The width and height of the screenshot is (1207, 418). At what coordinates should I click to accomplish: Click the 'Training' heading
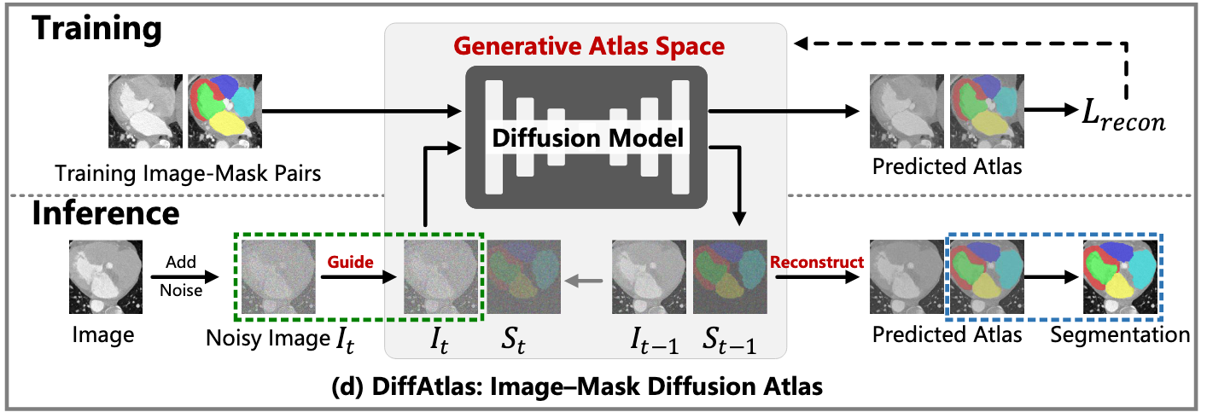96,30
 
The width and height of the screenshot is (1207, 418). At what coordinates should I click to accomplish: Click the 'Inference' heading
106,214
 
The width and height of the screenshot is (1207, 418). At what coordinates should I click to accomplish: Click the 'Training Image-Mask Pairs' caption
188,174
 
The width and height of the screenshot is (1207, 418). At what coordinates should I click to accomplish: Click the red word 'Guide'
350,263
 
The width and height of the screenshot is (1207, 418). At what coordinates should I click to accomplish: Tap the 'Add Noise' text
179,277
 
